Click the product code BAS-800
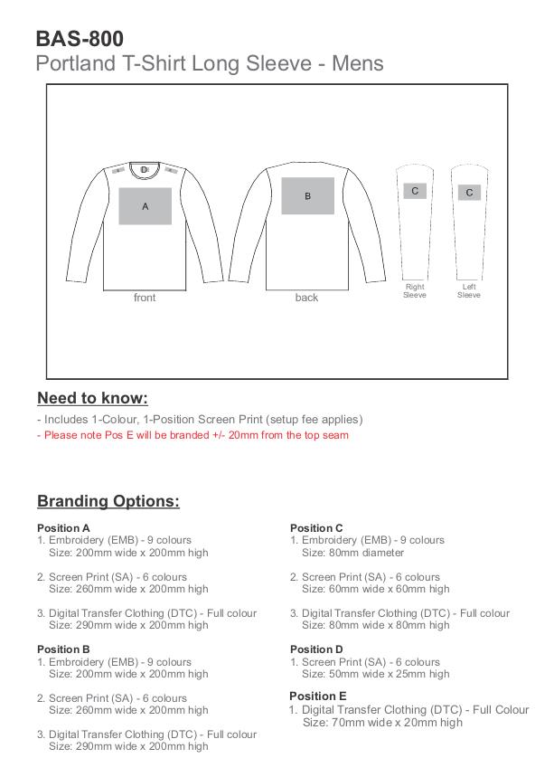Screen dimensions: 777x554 pos(80,38)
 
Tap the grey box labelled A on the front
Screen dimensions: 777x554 pos(146,206)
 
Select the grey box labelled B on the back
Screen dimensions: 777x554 pos(307,196)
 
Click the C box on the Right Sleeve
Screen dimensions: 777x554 pos(415,191)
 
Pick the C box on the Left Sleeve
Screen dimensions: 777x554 pos(469,193)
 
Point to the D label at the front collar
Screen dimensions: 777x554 pos(144,169)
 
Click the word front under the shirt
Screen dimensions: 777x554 pos(145,298)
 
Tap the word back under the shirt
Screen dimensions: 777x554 pos(306,298)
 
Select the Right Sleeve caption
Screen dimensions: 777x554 pos(415,291)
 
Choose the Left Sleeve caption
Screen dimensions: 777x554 pos(469,291)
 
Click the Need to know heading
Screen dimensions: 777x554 pos(92,398)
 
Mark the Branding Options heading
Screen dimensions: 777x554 pos(108,501)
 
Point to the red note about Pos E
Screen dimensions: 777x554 pos(192,435)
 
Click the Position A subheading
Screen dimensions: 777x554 pos(63,528)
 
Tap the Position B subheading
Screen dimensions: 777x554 pos(63,649)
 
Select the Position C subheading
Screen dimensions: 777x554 pos(316,528)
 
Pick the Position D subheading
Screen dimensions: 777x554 pos(316,649)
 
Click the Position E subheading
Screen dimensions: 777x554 pos(318,696)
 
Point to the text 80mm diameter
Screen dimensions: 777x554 pos(352,553)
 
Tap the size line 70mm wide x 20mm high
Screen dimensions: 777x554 pos(382,723)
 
